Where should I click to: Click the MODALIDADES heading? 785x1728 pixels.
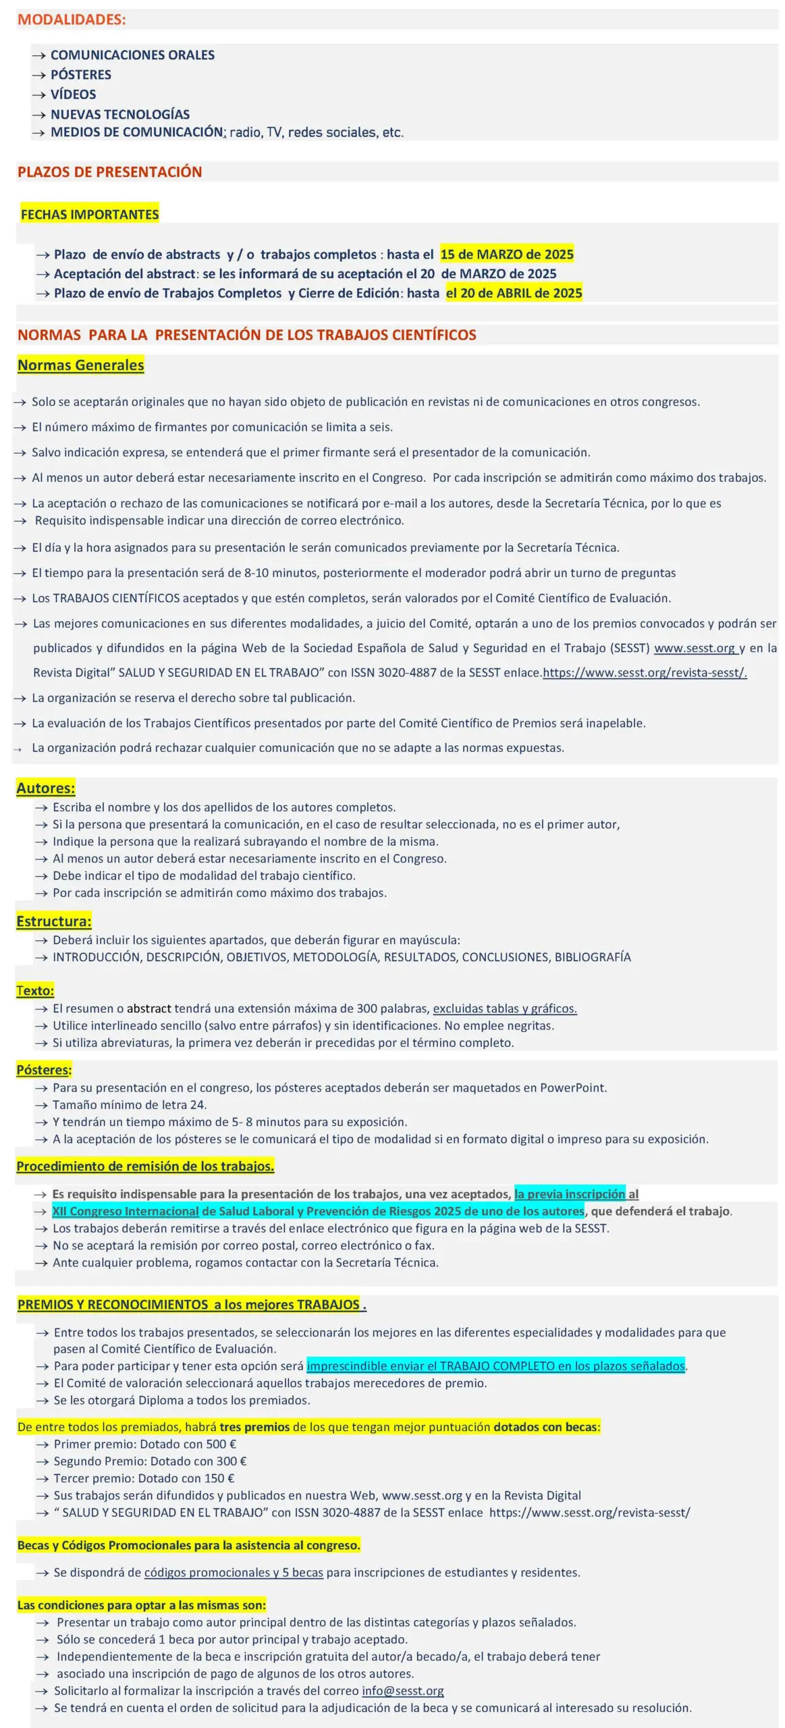click(72, 20)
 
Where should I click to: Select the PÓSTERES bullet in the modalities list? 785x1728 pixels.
click(80, 75)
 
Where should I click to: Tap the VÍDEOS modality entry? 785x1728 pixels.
click(73, 94)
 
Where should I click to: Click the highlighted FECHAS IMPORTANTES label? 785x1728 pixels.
click(90, 215)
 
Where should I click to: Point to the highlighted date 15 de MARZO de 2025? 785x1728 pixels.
click(506, 254)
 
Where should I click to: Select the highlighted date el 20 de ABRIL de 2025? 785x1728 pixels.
click(514, 293)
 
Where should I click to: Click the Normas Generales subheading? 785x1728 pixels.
click(80, 365)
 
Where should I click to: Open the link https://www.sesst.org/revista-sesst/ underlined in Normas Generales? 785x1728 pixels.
click(644, 673)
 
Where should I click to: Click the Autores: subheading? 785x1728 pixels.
click(45, 788)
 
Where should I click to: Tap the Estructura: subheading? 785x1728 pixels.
click(53, 921)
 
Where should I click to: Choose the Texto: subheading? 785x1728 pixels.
click(35, 990)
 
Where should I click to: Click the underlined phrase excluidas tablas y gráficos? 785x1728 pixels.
click(504, 1008)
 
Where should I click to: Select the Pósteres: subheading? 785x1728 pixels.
click(44, 1070)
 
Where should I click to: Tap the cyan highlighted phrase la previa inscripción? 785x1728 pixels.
click(569, 1194)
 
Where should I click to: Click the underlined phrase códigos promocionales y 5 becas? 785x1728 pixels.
click(234, 1572)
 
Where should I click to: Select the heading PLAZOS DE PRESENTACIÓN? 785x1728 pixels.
click(109, 172)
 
